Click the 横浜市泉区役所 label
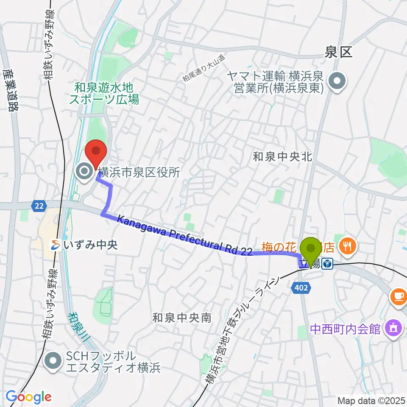point(139,172)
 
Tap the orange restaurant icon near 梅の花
point(349,245)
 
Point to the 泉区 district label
point(338,53)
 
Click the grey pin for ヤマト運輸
point(337,82)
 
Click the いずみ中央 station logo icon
point(56,244)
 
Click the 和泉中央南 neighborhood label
point(181,318)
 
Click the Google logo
point(28,397)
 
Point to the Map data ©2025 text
point(371,400)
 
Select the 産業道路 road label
point(11,90)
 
